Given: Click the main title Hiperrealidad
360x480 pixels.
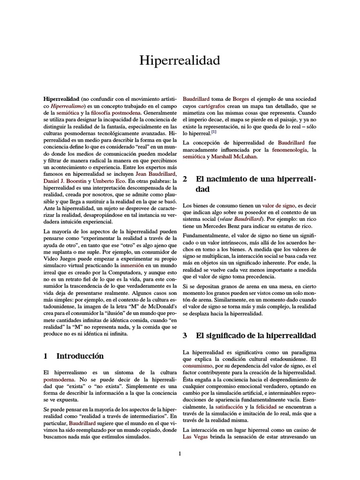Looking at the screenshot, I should tap(180, 60).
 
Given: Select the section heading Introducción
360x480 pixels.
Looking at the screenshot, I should tap(80, 356).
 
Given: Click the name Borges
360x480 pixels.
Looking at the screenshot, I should tap(240, 99).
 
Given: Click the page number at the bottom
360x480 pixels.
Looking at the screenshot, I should tap(180, 453).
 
